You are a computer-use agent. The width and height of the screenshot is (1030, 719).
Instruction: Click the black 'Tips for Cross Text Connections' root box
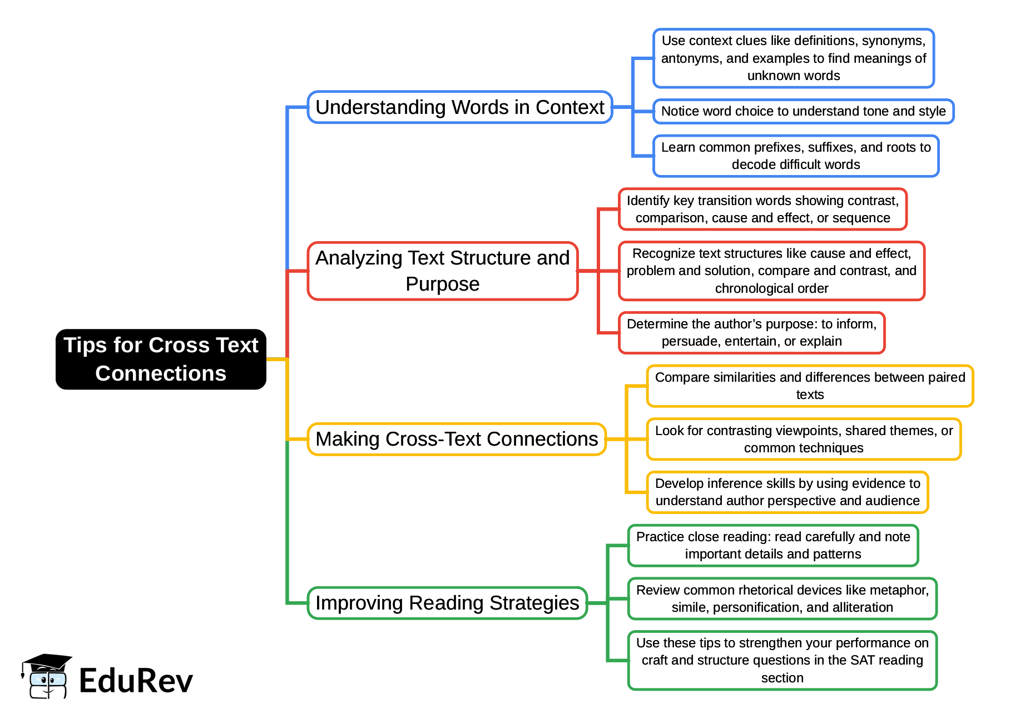click(x=161, y=359)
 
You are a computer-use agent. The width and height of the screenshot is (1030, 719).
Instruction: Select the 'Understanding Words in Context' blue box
click(x=459, y=107)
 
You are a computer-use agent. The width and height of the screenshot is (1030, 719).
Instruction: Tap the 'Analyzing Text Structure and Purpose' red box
click(x=442, y=271)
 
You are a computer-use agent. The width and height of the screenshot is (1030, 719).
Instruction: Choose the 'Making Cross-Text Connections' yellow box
click(x=456, y=439)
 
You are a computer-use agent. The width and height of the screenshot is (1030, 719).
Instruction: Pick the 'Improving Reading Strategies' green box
click(x=447, y=603)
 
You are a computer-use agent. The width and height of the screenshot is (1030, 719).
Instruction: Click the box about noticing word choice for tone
click(x=803, y=111)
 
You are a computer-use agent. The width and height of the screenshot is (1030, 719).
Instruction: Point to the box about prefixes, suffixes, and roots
click(x=795, y=156)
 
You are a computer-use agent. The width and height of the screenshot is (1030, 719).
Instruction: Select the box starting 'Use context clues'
click(x=793, y=58)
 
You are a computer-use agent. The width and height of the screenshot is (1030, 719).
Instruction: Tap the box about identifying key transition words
click(x=762, y=209)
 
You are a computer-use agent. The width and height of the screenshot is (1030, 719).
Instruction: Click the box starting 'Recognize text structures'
click(x=771, y=271)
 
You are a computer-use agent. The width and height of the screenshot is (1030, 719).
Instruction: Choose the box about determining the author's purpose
click(x=751, y=333)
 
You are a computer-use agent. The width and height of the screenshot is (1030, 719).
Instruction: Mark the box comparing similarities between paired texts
click(x=810, y=386)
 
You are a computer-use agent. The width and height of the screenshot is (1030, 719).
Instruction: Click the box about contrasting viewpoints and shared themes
click(x=804, y=439)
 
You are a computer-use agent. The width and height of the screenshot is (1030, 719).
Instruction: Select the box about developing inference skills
click(x=788, y=492)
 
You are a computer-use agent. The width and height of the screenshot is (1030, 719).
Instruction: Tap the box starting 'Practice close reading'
click(x=773, y=546)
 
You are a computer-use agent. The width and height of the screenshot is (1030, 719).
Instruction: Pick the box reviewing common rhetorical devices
click(x=782, y=598)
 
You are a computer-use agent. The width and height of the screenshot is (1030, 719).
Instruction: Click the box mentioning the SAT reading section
click(x=782, y=660)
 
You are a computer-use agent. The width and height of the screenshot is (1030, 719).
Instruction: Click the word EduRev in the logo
click(x=136, y=681)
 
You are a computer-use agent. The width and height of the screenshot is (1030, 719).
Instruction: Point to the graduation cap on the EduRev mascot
click(x=47, y=662)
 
